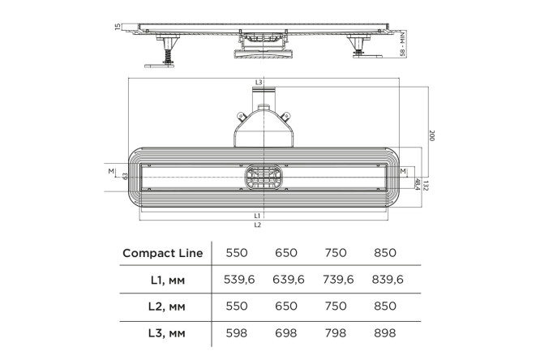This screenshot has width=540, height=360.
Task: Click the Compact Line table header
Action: click(162, 253)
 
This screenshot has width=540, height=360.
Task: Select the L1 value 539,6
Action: click(239, 280)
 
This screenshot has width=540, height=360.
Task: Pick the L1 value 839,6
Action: click(388, 280)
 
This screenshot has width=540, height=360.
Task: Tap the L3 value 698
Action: click(286, 332)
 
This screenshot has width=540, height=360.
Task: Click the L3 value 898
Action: click(384, 332)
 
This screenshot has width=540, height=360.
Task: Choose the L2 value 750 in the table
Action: click(336, 306)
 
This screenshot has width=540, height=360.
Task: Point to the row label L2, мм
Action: click(167, 306)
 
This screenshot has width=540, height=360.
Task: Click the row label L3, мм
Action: click(167, 333)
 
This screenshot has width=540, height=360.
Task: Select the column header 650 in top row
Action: click(286, 253)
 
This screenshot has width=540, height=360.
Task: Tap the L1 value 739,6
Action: click(338, 280)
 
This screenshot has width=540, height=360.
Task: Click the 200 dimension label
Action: click(432, 135)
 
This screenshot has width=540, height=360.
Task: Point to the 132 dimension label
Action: click(426, 186)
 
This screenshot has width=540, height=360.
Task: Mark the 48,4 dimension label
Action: click(418, 184)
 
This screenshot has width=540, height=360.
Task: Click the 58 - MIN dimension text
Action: click(403, 44)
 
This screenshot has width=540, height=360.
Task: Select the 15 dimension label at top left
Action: click(118, 27)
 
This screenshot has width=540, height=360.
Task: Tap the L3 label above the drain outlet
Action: click(259, 82)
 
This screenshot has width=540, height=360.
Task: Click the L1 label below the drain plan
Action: click(257, 216)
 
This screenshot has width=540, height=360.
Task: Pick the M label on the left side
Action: click(111, 171)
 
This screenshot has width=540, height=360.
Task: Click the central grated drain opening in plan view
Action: click(264, 177)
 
